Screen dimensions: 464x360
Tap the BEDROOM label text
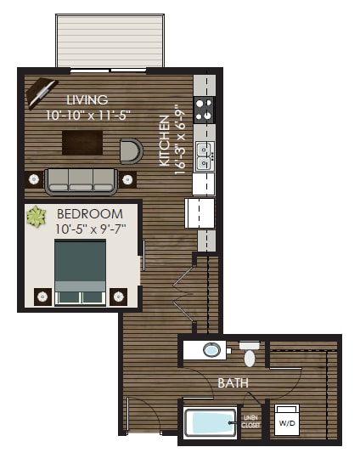point(89,213)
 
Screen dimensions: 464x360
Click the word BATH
point(233,383)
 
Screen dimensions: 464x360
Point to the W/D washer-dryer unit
point(287,421)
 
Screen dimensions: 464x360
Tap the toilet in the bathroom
point(249,353)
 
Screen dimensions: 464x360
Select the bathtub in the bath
point(210,422)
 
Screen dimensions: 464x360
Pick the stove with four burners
point(205,110)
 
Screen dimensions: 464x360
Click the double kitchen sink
point(205,156)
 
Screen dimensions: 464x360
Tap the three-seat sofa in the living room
point(81,181)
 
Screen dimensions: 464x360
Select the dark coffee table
point(82,141)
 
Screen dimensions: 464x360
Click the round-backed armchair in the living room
point(131,151)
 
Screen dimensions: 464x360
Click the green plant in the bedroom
point(37,217)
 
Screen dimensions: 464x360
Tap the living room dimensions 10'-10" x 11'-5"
point(87,116)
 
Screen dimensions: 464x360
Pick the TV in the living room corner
point(40,93)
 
